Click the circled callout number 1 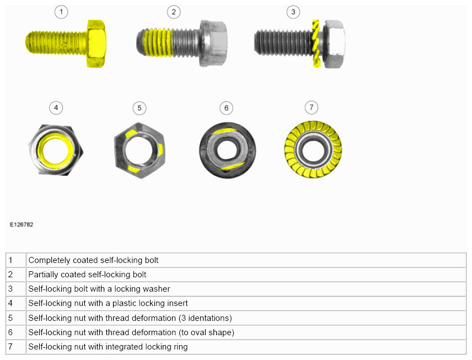click(x=61, y=12)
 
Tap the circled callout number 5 click(x=140, y=108)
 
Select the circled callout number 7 click(x=311, y=108)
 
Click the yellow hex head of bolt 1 click(x=96, y=44)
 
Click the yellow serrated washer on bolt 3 click(x=316, y=44)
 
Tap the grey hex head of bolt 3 click(x=335, y=44)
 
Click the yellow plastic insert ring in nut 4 click(x=56, y=149)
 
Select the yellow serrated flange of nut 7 click(x=313, y=149)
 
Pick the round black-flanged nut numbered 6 click(x=228, y=150)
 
